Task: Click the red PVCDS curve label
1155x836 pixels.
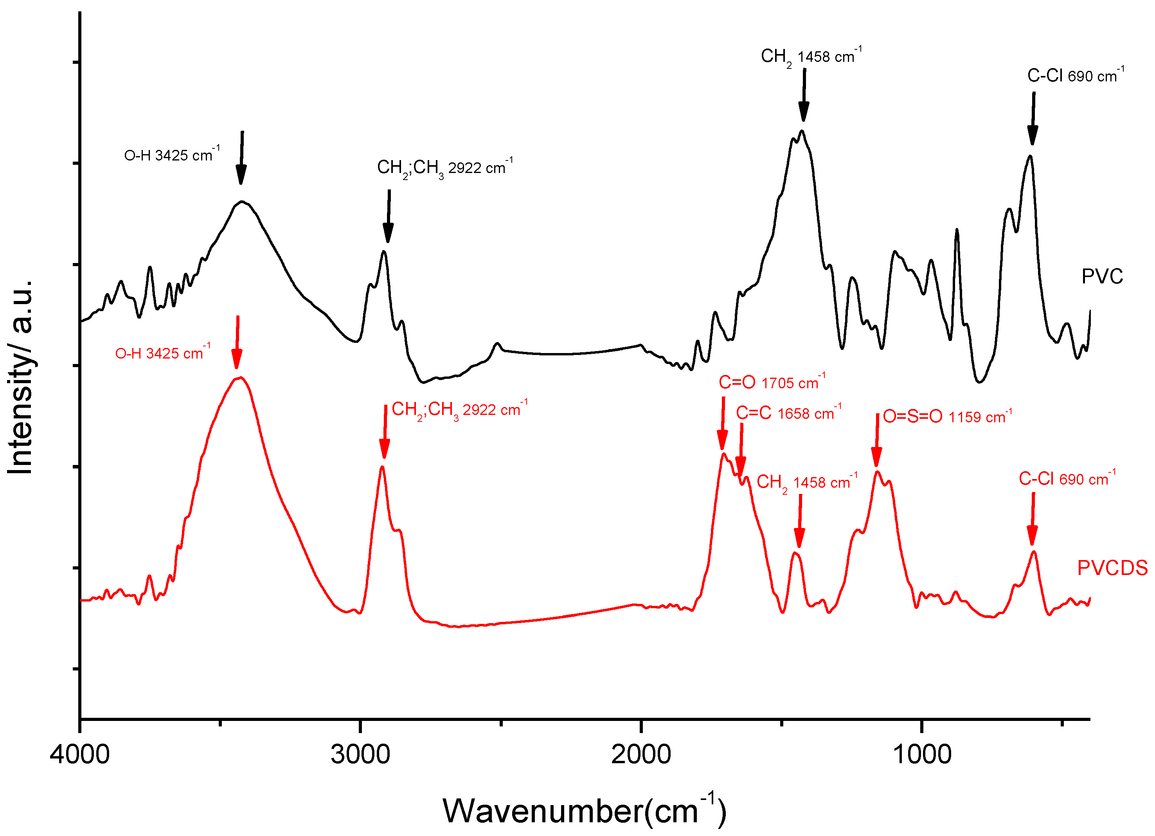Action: tap(1112, 568)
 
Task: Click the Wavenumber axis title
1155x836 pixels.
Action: tap(584, 811)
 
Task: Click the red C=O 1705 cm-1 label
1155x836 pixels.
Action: tap(772, 382)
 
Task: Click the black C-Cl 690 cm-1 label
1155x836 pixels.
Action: tap(1076, 76)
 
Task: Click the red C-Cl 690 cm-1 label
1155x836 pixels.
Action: tap(1067, 478)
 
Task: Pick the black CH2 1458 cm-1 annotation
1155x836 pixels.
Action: tap(811, 56)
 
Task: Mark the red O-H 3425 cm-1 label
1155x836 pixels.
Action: tap(162, 353)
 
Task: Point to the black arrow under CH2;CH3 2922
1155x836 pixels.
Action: tap(389, 216)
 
